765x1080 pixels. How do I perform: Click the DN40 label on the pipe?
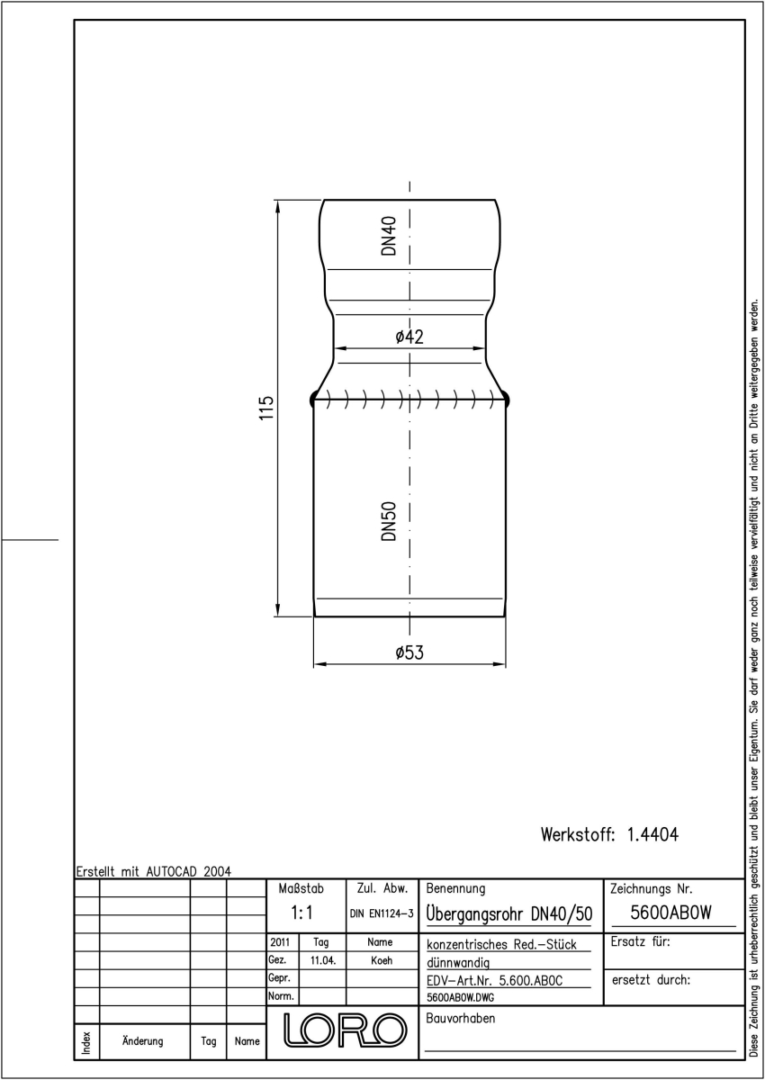pyautogui.click(x=389, y=235)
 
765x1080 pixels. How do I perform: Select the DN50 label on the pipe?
pyautogui.click(x=389, y=521)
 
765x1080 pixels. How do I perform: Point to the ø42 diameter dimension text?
pyautogui.click(x=409, y=336)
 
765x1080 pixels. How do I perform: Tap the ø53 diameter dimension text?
pyautogui.click(x=409, y=652)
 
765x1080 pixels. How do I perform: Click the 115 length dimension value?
pyautogui.click(x=266, y=408)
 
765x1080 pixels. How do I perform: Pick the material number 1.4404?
pyautogui.click(x=652, y=834)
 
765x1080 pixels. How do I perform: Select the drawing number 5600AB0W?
pyautogui.click(x=670, y=913)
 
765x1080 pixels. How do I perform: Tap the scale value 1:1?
pyautogui.click(x=301, y=913)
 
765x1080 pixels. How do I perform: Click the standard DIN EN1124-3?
pyautogui.click(x=382, y=913)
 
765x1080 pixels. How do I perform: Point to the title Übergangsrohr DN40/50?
pyautogui.click(x=509, y=913)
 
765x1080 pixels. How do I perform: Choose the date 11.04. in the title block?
pyautogui.click(x=322, y=960)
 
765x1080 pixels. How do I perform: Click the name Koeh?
pyautogui.click(x=382, y=960)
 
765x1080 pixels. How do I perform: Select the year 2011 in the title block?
pyautogui.click(x=280, y=942)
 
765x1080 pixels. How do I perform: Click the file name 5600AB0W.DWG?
pyautogui.click(x=460, y=997)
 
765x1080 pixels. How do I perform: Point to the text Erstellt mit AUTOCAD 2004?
pyautogui.click(x=154, y=871)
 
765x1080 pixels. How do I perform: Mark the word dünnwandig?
pyautogui.click(x=458, y=963)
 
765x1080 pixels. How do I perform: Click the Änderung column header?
pyautogui.click(x=143, y=1041)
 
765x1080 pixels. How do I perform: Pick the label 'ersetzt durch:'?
pyautogui.click(x=651, y=980)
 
